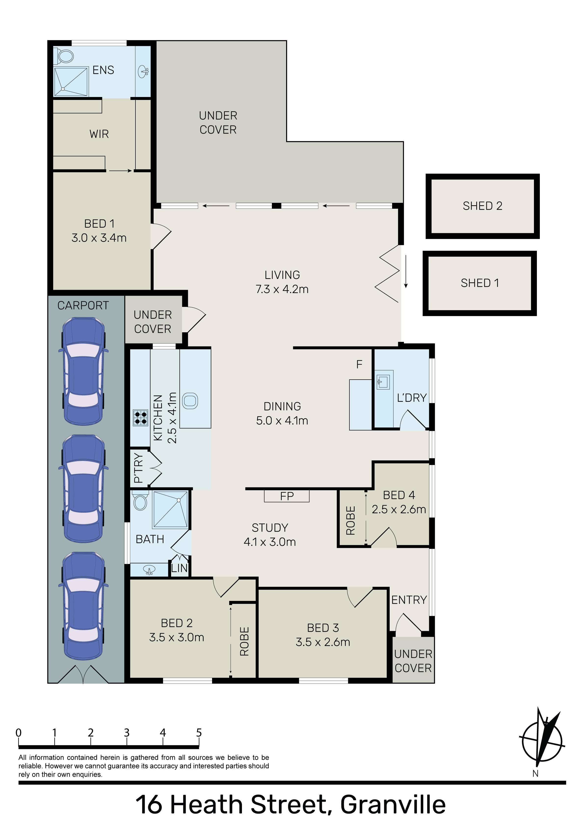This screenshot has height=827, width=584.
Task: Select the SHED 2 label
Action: tap(482, 206)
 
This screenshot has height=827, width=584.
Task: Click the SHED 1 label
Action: tap(480, 283)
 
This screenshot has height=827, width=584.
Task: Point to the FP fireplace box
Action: tap(287, 496)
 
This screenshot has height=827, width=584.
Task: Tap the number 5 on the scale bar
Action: tap(199, 733)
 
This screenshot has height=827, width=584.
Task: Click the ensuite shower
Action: tap(71, 82)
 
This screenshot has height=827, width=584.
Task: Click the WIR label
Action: tap(99, 134)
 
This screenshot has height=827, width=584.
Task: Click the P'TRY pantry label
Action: tap(139, 468)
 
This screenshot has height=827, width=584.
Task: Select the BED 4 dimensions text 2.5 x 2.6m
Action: tap(399, 509)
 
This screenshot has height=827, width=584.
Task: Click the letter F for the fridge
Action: tap(359, 365)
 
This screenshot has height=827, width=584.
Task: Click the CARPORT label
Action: tap(83, 305)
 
